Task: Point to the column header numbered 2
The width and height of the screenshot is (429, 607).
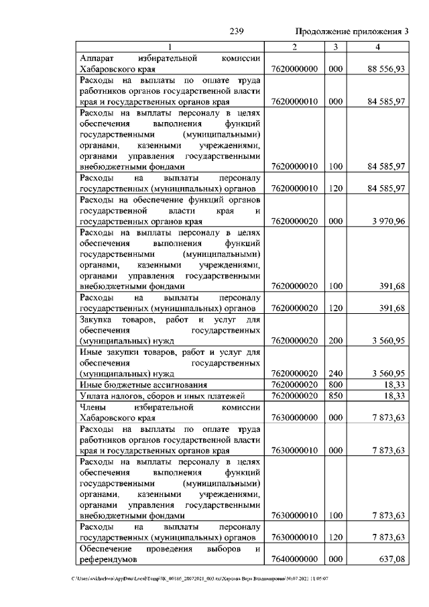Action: pos(295,46)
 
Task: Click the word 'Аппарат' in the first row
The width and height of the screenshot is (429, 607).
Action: pos(97,58)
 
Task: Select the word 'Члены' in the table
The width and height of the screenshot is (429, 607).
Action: pos(93,407)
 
